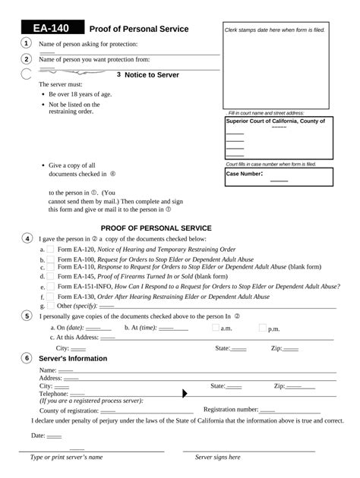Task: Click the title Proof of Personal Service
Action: click(x=139, y=29)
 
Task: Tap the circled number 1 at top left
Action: click(x=27, y=43)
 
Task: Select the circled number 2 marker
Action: click(x=27, y=59)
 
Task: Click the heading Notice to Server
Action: click(x=147, y=74)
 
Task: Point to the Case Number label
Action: click(x=245, y=174)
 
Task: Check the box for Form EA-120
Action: click(x=50, y=249)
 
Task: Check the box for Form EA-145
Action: click(x=50, y=278)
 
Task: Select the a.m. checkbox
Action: click(x=215, y=329)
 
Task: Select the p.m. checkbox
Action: click(x=263, y=329)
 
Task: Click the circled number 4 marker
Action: click(x=27, y=238)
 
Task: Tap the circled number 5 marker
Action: click(x=27, y=316)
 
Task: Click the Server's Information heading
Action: click(x=73, y=358)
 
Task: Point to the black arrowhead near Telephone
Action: click(x=185, y=393)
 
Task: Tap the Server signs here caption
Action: click(x=217, y=458)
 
